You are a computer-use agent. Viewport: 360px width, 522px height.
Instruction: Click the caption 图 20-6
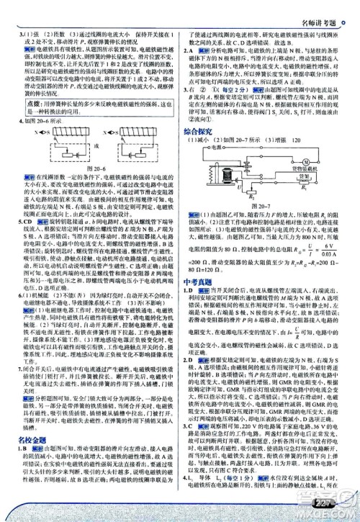pos(91,184)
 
